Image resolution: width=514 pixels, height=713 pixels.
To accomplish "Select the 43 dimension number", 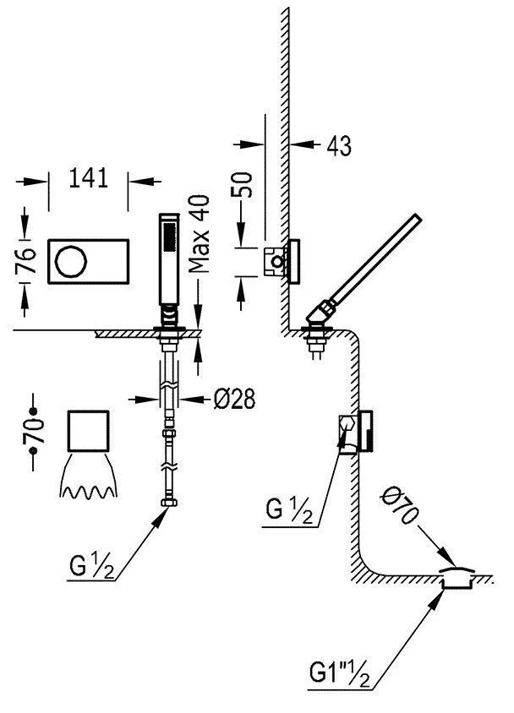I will tap(337, 145).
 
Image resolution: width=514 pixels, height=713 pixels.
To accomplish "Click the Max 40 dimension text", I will tap(199, 234).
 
